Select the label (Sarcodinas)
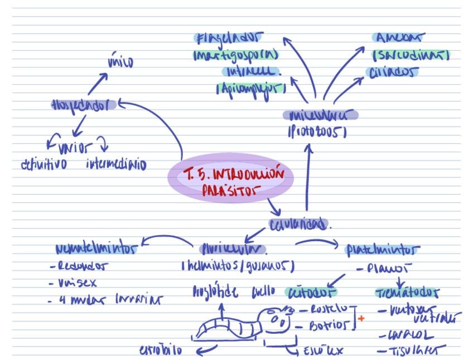(x=411, y=55)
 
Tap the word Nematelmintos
(x=96, y=249)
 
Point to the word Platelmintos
(x=383, y=249)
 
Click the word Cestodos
(x=312, y=291)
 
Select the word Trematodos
(x=407, y=293)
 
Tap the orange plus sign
(x=361, y=318)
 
